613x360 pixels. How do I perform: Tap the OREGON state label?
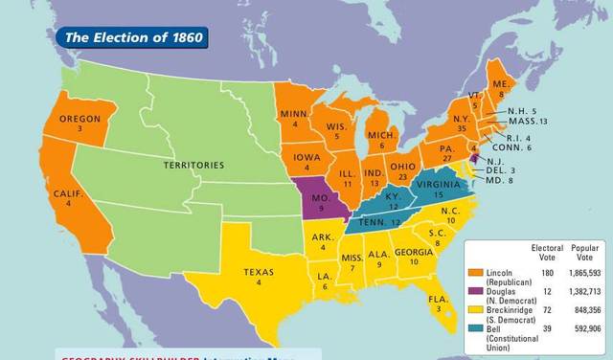[79, 119]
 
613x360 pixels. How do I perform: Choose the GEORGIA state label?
[413, 252]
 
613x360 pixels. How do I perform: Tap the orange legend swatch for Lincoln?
[475, 273]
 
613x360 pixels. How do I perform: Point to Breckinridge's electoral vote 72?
[546, 309]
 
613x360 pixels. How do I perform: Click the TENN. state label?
[374, 222]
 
